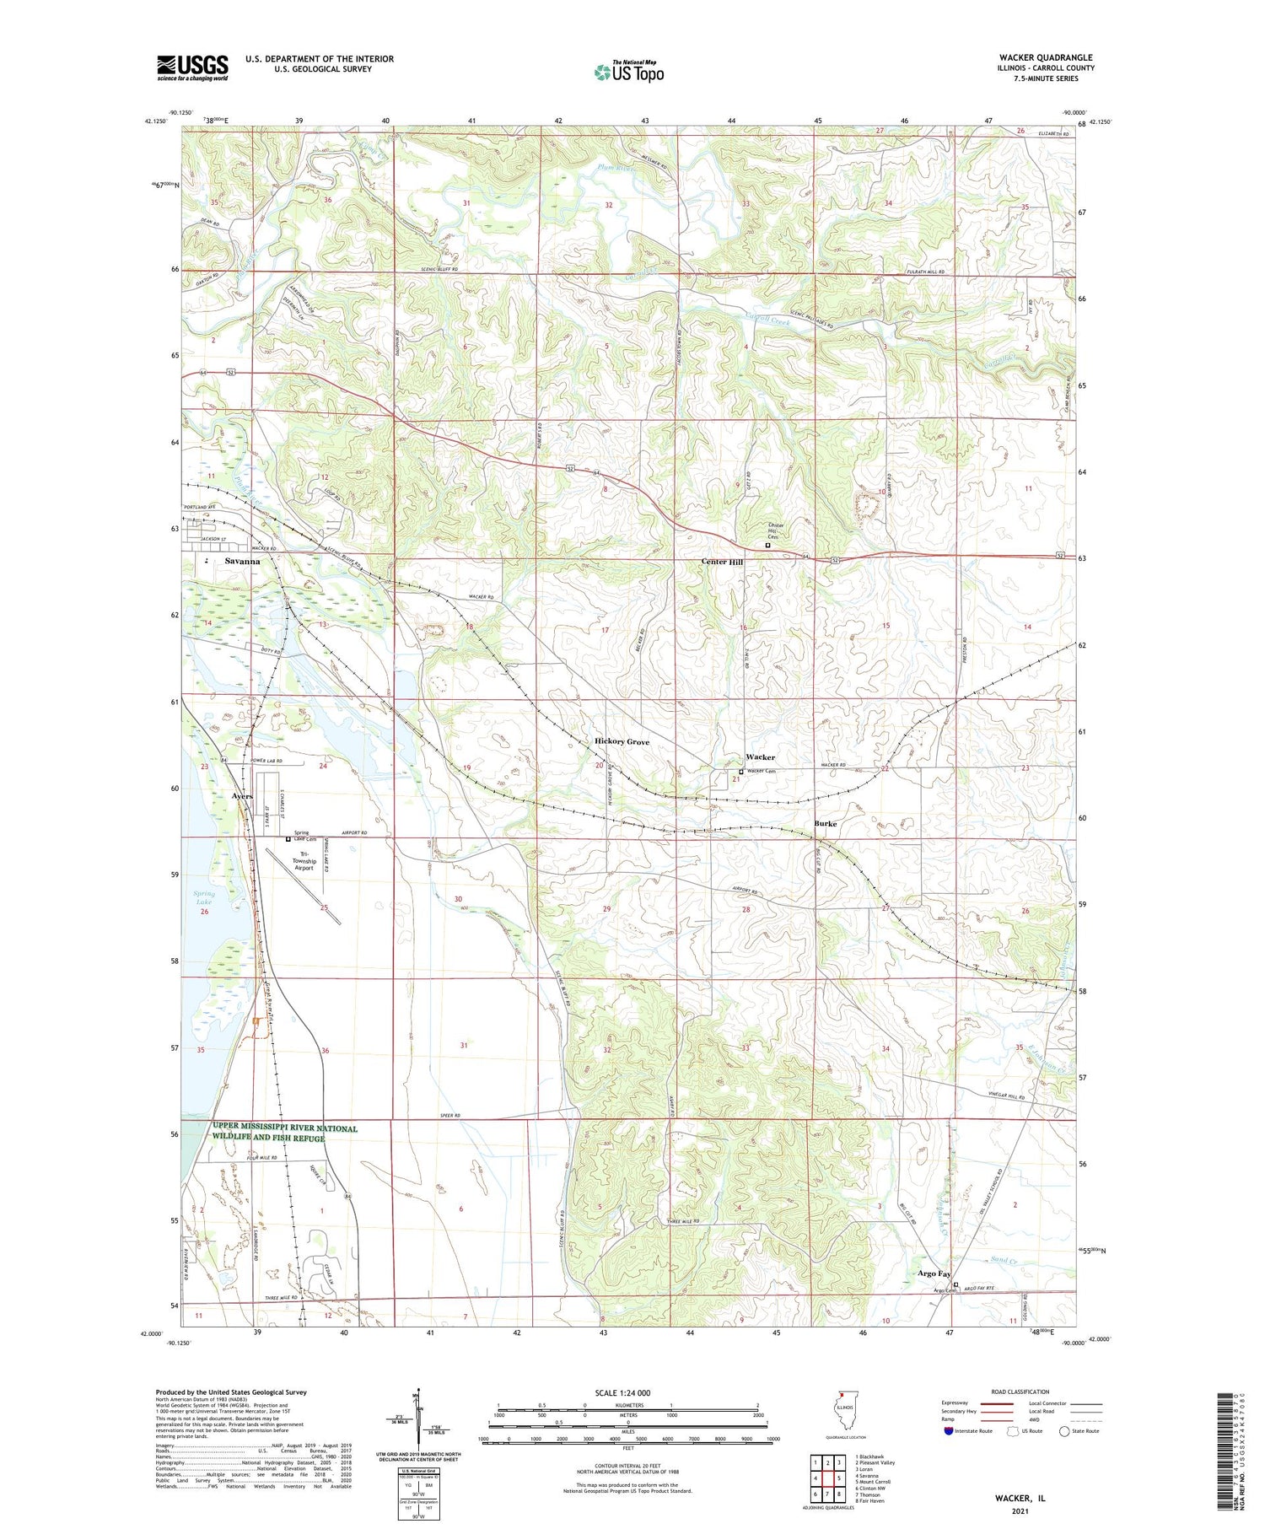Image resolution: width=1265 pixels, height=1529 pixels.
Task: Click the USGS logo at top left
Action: [x=192, y=67]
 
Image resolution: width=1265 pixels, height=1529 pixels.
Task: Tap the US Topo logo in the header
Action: [x=629, y=73]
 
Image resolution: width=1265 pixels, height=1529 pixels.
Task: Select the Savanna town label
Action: [x=242, y=561]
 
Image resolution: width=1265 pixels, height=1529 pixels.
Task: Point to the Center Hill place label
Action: [x=723, y=562]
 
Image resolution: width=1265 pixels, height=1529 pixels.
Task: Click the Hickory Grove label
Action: [x=622, y=742]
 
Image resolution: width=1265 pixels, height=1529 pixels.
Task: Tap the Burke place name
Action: [x=825, y=823]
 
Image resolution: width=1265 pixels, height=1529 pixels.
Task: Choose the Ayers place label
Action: [x=242, y=796]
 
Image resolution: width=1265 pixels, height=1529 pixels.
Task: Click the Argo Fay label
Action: [x=934, y=1274]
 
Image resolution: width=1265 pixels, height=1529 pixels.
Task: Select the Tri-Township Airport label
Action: [x=303, y=861]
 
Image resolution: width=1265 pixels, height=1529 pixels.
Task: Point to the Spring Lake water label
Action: [x=204, y=897]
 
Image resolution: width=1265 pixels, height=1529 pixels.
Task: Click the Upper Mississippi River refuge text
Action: [x=285, y=1133]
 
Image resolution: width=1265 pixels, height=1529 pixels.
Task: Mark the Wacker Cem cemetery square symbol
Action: [x=741, y=772]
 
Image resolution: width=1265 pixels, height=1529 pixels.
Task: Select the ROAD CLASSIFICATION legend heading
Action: [x=1020, y=1392]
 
